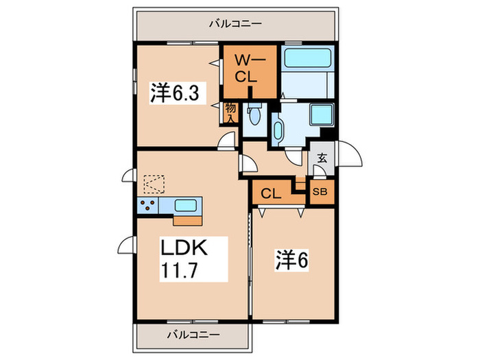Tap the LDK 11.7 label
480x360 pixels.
point(184,259)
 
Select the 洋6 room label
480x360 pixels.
point(292,260)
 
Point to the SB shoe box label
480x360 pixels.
point(320,192)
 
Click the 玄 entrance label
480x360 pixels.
point(322,158)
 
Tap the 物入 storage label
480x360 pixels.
point(230,113)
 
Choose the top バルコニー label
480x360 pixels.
point(235,23)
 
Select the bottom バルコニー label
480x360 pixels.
point(193,335)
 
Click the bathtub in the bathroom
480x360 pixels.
point(308,58)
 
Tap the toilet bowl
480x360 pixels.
point(254,115)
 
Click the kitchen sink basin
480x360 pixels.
point(186,205)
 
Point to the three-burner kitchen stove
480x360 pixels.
point(148,206)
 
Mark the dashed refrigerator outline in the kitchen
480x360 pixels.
point(154,184)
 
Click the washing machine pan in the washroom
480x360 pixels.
point(321,115)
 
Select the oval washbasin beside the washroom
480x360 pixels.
point(278,132)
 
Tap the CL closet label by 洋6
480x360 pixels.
point(271,193)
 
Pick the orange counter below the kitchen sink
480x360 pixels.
point(188,221)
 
